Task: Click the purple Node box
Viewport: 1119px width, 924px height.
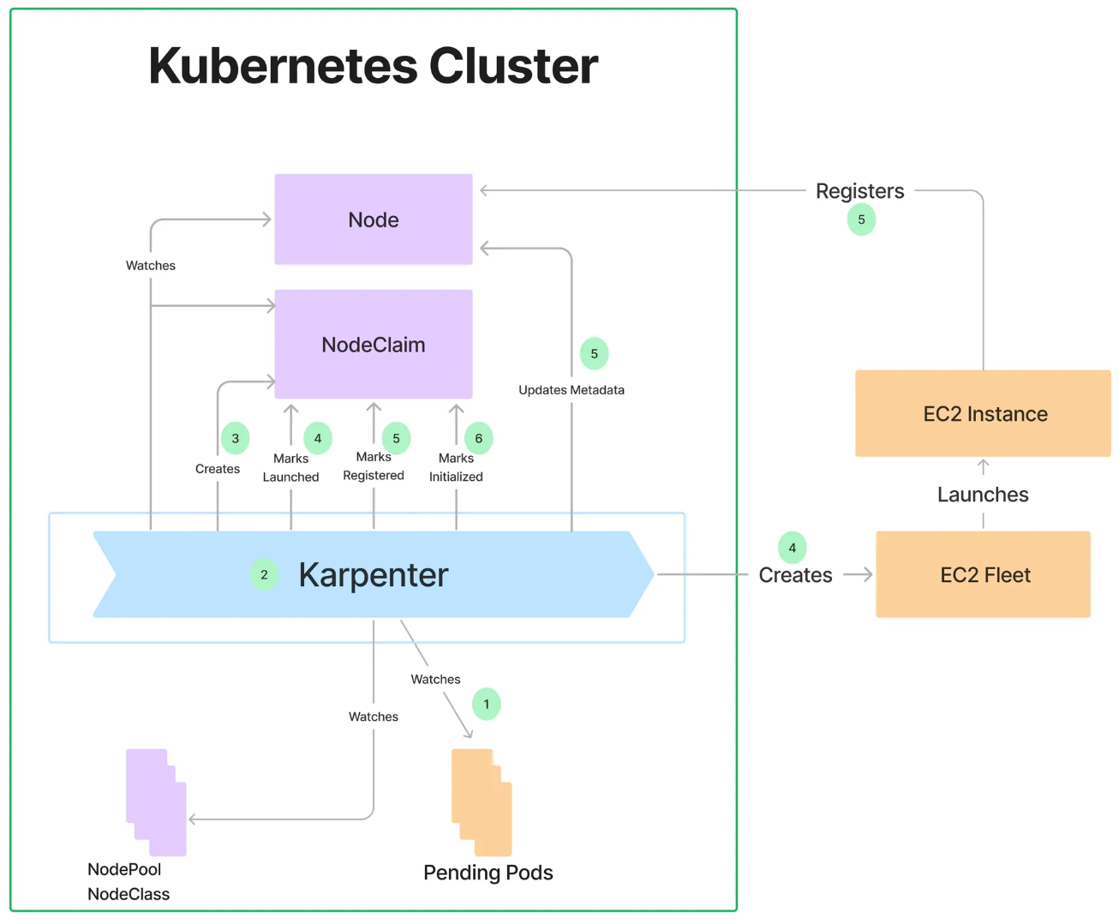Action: click(x=374, y=219)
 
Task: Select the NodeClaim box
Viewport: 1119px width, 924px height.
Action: click(x=374, y=345)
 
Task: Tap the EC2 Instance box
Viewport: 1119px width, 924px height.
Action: click(x=984, y=414)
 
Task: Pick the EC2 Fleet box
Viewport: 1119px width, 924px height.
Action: click(x=984, y=574)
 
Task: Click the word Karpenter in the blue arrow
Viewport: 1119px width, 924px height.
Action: click(x=374, y=575)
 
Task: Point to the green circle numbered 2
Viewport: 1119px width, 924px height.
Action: click(x=264, y=574)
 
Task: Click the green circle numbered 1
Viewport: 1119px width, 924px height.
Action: click(x=487, y=705)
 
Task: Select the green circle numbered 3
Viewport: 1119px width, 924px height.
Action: click(x=236, y=438)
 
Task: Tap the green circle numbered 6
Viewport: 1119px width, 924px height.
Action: click(x=479, y=438)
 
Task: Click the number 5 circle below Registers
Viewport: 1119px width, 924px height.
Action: click(x=861, y=219)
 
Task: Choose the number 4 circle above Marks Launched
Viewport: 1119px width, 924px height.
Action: click(x=318, y=438)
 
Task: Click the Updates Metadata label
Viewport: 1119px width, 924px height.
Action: click(x=571, y=390)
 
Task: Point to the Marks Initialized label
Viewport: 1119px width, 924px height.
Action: click(x=456, y=468)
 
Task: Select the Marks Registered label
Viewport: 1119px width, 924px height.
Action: click(x=374, y=466)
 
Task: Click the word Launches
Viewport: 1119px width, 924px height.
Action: click(x=983, y=495)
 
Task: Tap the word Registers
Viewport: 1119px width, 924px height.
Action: click(x=859, y=191)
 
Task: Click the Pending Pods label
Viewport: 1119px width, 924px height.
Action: click(x=488, y=873)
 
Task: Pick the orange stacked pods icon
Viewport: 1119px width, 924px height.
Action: click(x=482, y=802)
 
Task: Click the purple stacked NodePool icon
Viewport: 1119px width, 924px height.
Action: click(x=156, y=802)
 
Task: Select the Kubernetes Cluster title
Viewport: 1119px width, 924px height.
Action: click(x=374, y=66)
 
